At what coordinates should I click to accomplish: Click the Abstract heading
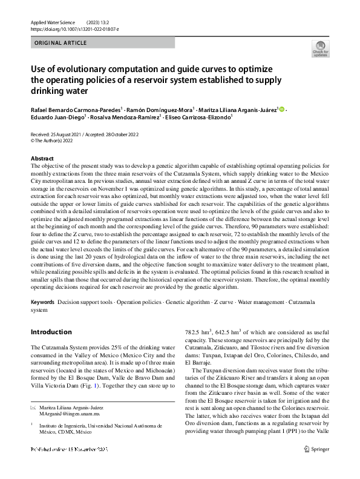coord(41,158)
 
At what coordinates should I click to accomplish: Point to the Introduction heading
coord(51,332)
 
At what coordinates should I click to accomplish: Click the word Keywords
coord(42,301)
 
